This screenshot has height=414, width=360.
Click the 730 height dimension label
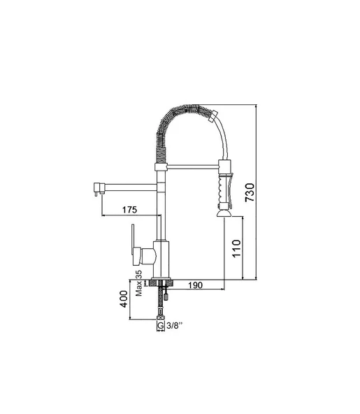pyautogui.click(x=250, y=192)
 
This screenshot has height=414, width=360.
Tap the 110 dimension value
pyautogui.click(x=236, y=248)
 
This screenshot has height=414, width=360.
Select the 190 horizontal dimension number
pyautogui.click(x=195, y=285)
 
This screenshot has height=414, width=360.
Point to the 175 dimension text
pyautogui.click(x=129, y=210)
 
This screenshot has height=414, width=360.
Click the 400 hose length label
pyautogui.click(x=124, y=299)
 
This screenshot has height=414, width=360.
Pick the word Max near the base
pyautogui.click(x=139, y=288)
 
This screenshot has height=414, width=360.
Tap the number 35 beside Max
pyautogui.click(x=139, y=274)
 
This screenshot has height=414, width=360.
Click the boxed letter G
pyautogui.click(x=161, y=326)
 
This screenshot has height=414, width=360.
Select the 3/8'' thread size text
pyautogui.click(x=175, y=326)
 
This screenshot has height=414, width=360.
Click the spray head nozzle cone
pyautogui.click(x=224, y=213)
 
